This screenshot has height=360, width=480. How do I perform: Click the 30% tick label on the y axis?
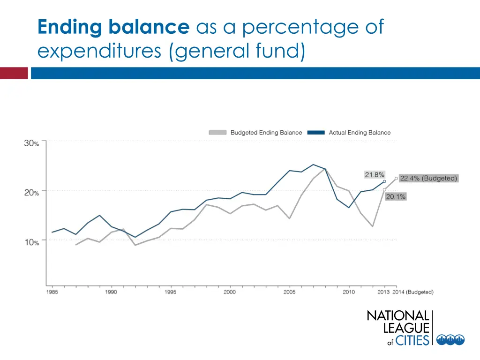tap(32, 143)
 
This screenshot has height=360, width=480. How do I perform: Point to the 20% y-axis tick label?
tap(32, 193)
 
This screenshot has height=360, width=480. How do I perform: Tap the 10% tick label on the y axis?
tap(32, 242)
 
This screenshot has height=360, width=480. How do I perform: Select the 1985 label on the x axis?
tap(52, 292)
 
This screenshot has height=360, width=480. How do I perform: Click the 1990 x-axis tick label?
tap(112, 292)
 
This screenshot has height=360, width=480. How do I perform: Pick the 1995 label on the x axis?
tap(171, 292)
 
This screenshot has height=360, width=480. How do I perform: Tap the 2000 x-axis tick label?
tap(230, 292)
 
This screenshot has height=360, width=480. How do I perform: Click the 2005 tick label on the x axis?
tap(289, 292)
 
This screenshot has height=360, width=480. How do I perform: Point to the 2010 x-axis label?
tap(348, 292)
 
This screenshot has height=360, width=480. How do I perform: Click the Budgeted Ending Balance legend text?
tap(266, 133)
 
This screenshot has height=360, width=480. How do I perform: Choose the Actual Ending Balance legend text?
tap(360, 133)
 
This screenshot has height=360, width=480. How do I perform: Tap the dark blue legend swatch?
tap(316, 133)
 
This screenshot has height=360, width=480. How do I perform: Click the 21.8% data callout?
tap(375, 175)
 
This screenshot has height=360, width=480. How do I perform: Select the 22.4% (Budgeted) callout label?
tap(428, 179)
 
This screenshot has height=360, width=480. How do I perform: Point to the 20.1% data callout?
tap(396, 197)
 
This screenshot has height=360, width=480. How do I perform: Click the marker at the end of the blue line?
tap(384, 181)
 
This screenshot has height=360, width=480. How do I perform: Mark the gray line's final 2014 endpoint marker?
tap(396, 179)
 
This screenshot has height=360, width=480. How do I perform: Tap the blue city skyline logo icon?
tap(450, 339)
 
